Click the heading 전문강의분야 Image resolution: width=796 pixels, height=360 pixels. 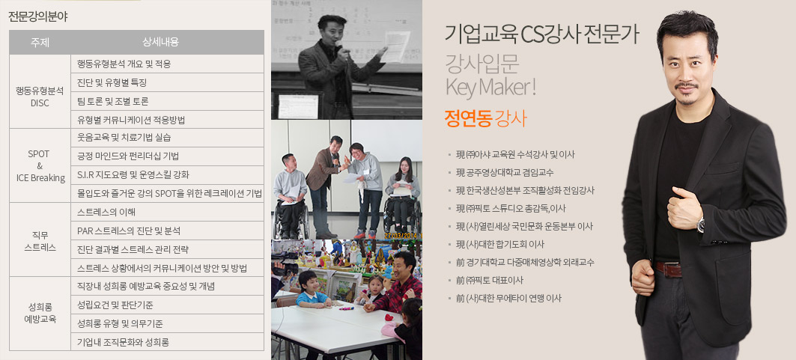[38, 16]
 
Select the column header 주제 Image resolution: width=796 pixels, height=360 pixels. [40, 42]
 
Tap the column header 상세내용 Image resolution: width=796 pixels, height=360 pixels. [168, 42]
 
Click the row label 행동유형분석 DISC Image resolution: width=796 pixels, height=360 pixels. [40, 97]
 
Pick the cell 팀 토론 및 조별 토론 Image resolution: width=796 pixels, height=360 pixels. [113, 101]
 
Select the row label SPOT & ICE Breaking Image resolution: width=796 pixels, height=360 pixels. [40, 166]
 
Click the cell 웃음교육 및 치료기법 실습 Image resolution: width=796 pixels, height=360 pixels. [124, 138]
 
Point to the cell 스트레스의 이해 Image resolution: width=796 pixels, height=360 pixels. [106, 212]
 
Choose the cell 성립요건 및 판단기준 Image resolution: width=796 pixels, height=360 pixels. [115, 305]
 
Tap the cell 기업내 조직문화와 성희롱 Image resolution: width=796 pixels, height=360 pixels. [123, 342]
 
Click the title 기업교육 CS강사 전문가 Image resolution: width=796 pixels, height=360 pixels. [541, 34]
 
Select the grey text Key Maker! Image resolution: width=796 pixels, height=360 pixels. [491, 88]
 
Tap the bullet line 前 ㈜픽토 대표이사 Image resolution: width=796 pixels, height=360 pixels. [490, 281]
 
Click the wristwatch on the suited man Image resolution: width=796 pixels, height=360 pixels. [701, 225]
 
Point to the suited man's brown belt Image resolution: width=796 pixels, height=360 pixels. [668, 269]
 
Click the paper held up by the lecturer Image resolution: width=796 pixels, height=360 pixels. [395, 46]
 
